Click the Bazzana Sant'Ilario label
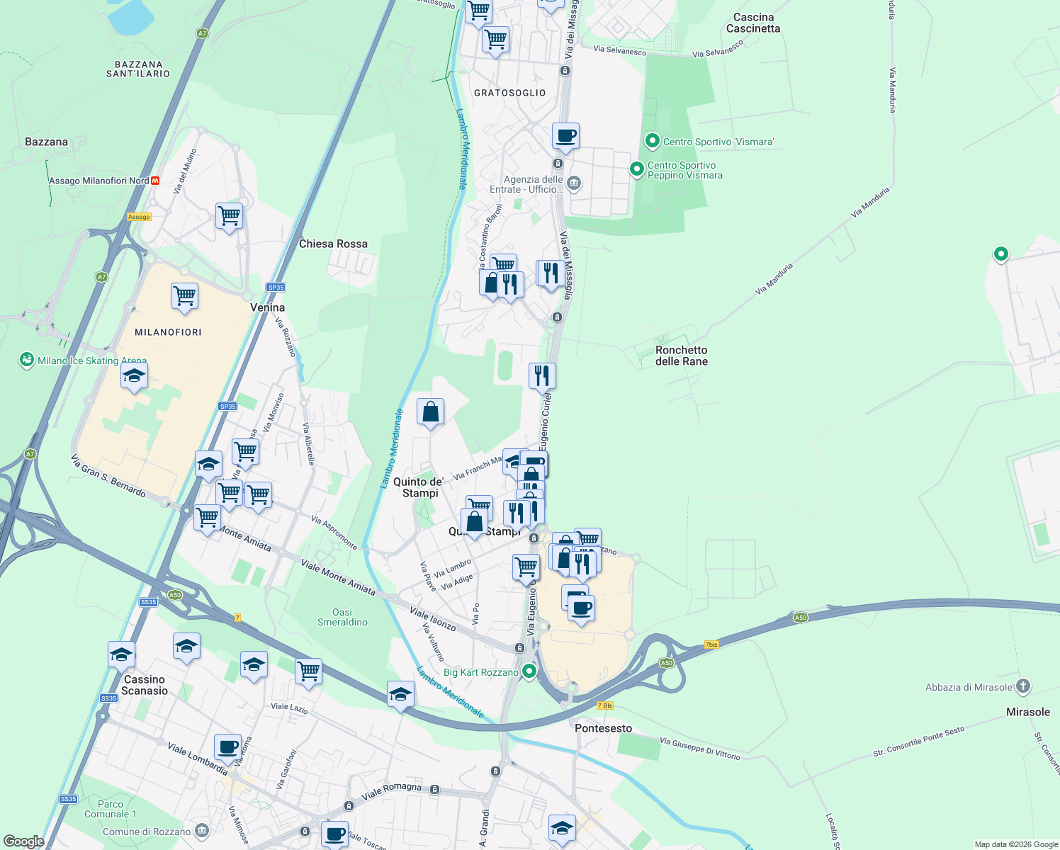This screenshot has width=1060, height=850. click(x=138, y=69)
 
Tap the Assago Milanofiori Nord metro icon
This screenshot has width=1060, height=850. click(x=156, y=181)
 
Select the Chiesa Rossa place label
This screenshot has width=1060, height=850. click(x=333, y=244)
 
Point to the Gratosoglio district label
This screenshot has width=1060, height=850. click(x=510, y=93)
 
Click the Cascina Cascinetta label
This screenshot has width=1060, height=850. click(x=753, y=23)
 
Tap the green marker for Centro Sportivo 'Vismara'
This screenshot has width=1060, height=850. click(x=653, y=141)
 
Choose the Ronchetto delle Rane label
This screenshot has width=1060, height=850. click(x=681, y=356)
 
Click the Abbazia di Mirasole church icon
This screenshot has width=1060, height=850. click(x=1022, y=686)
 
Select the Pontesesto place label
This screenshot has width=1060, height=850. click(x=603, y=728)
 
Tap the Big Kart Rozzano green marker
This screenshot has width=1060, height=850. click(x=529, y=671)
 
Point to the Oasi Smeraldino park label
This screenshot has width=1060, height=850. click(x=342, y=617)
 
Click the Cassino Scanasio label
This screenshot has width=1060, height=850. click(x=145, y=685)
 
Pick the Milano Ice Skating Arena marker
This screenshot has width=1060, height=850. click(x=27, y=360)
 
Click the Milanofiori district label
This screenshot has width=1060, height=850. click(x=168, y=332)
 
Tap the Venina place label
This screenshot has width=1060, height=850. click(x=267, y=307)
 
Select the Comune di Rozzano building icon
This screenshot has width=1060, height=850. click(x=202, y=830)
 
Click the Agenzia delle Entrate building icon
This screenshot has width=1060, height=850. click(x=574, y=183)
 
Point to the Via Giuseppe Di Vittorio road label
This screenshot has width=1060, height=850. click(x=699, y=749)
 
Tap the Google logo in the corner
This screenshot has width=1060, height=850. click(x=23, y=841)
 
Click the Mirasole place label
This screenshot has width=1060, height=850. click(x=1028, y=712)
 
